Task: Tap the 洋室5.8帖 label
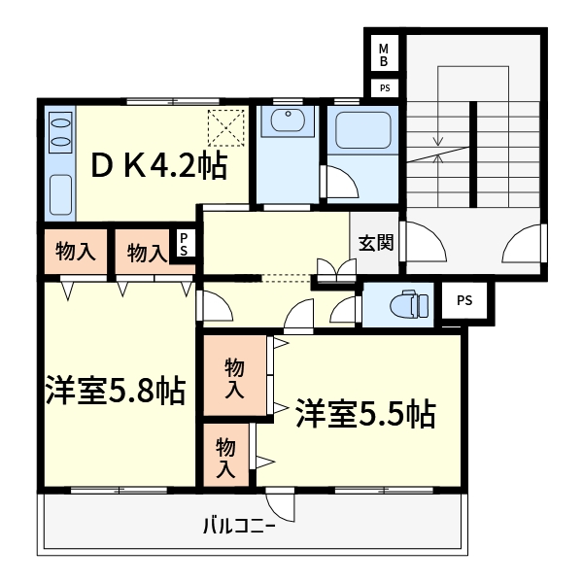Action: click(115, 392)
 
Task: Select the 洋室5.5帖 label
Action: click(364, 413)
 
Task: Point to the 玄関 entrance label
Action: click(375, 243)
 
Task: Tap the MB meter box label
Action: click(384, 54)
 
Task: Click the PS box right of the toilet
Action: click(464, 300)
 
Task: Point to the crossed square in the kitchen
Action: click(225, 125)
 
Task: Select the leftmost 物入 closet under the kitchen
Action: click(76, 251)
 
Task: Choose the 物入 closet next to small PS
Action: click(145, 254)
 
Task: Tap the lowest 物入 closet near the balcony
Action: click(225, 458)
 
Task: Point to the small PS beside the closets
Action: click(184, 243)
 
